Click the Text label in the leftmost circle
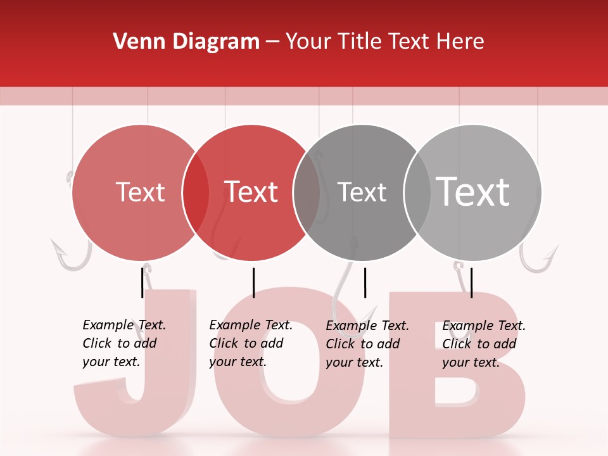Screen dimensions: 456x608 tap(140, 192)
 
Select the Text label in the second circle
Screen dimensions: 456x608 tap(251, 192)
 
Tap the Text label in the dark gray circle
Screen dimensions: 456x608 tap(362, 192)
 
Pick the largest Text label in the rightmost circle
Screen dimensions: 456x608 tap(473, 191)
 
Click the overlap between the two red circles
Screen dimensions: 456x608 tap(196, 193)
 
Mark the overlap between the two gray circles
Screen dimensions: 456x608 tap(417, 193)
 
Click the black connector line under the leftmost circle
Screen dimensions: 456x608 tap(142, 282)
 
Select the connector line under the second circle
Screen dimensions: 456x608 tap(253, 282)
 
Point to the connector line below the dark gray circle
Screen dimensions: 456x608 tap(365, 282)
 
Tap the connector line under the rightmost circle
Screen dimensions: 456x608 tap(472, 282)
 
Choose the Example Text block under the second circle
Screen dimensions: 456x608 tap(251, 343)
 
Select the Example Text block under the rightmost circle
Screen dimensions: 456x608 tap(484, 344)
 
